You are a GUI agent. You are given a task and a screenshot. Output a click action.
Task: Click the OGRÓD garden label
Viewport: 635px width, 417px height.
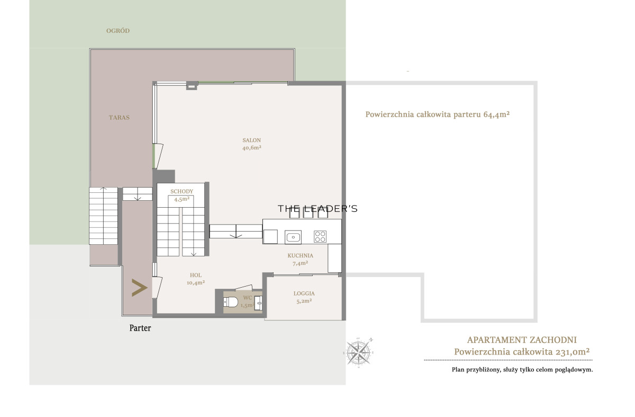click(118, 31)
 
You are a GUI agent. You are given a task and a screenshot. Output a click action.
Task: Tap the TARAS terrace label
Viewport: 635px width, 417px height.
click(119, 118)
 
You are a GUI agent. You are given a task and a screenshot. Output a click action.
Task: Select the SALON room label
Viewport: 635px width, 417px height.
click(252, 140)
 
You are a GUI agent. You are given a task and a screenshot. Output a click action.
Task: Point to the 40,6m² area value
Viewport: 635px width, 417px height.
click(252, 148)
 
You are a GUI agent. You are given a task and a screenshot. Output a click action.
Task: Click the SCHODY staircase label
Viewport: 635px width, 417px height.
click(182, 192)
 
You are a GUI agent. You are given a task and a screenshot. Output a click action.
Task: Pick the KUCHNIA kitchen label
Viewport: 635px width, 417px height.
click(301, 255)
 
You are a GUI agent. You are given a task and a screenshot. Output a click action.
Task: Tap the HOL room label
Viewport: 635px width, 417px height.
click(196, 275)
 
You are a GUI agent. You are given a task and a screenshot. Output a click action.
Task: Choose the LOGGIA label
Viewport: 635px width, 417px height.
click(304, 294)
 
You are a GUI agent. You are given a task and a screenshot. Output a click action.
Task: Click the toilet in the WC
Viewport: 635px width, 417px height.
click(231, 302)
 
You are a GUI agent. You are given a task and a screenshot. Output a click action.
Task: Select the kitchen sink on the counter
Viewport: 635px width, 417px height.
click(293, 237)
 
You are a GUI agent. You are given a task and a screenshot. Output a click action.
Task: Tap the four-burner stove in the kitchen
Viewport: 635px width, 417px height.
click(320, 237)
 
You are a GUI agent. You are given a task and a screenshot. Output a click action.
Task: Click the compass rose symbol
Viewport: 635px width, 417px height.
click(359, 352)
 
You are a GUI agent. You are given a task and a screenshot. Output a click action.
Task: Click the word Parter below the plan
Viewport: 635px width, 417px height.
click(140, 328)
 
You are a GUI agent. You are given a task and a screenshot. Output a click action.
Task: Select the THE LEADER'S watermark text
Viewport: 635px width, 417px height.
click(317, 209)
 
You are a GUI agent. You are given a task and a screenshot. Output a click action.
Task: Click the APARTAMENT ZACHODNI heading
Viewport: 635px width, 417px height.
click(522, 340)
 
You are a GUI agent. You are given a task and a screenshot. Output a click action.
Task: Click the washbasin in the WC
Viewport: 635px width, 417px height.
click(259, 303)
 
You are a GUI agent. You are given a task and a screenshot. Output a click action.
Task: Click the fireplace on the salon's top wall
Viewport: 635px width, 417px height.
click(192, 85)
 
